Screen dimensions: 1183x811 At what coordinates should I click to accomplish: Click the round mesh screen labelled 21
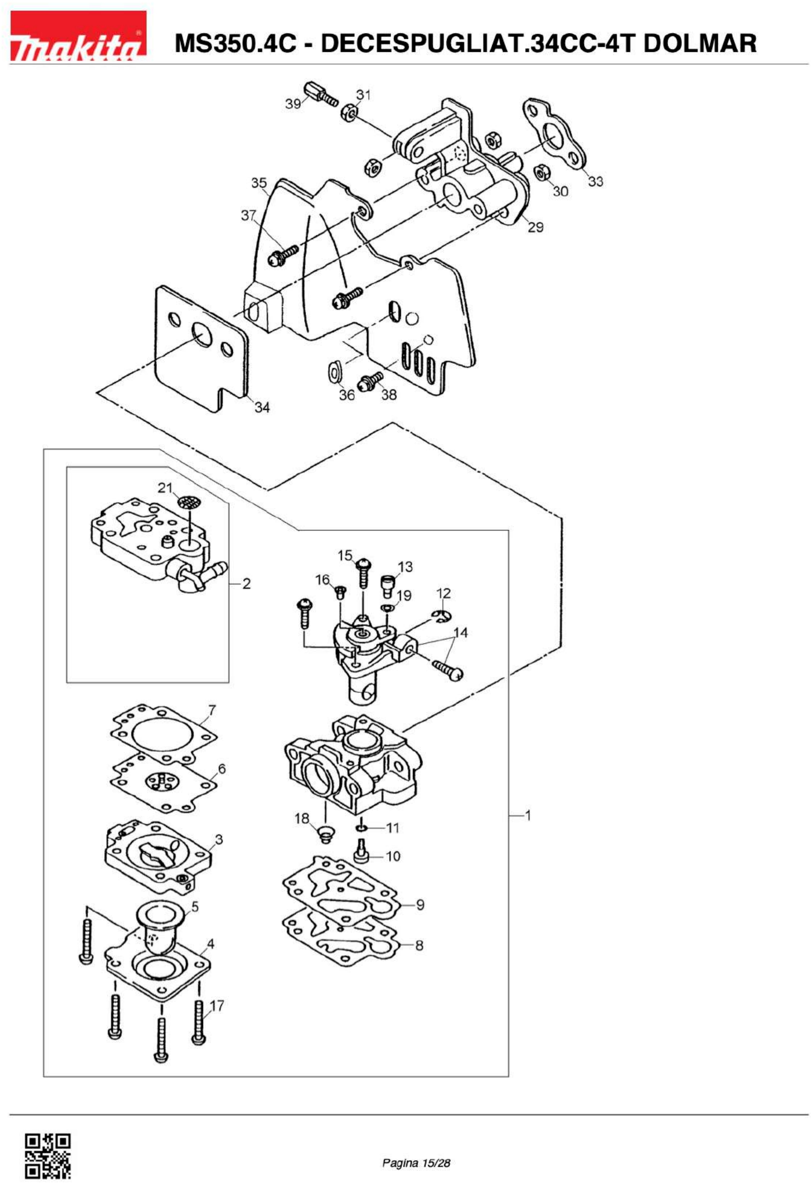(x=189, y=504)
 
